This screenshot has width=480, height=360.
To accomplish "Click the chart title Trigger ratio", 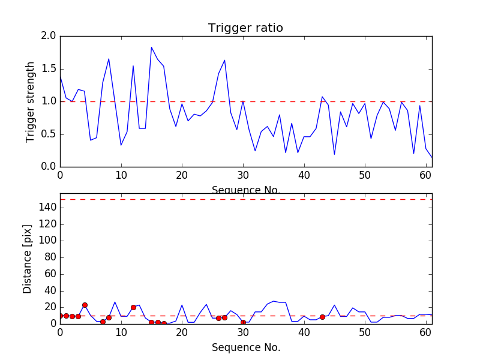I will [245, 28].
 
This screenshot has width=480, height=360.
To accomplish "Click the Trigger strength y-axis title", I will [31, 101].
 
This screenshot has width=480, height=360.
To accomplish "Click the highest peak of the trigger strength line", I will [152, 47].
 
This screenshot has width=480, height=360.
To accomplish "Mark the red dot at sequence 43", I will [322, 317].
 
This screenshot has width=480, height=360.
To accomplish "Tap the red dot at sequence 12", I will [133, 307].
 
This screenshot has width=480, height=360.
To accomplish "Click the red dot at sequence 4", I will [85, 305].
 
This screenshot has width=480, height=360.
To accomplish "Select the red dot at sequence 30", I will [243, 322].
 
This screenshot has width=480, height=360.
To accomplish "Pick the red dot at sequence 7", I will [103, 322].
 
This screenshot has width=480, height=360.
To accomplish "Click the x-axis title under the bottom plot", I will [245, 347].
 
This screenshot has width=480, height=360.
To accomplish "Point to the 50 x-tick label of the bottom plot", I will [365, 332].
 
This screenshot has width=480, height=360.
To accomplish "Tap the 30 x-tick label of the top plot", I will [243, 175].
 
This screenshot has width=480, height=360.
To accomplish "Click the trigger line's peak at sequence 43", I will [322, 96].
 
